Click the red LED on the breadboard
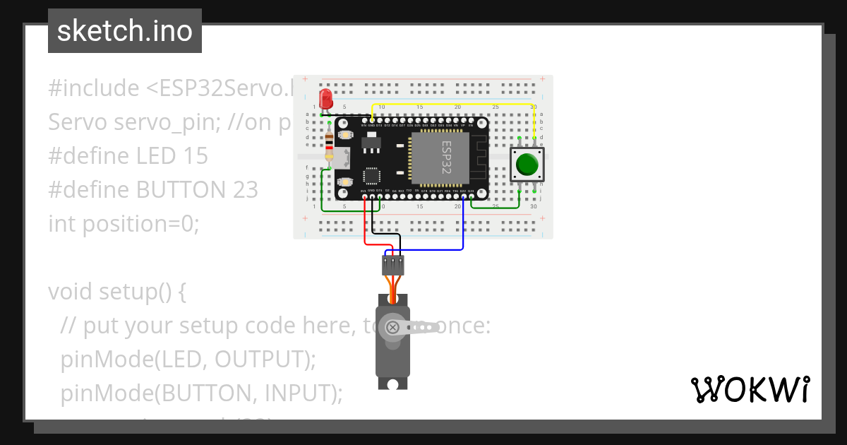pyautogui.click(x=325, y=98)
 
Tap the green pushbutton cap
pyautogui.click(x=527, y=165)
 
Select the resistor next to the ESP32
pyautogui.click(x=330, y=148)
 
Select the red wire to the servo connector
pyautogui.click(x=365, y=226)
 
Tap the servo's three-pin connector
pyautogui.click(x=392, y=266)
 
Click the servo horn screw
pyautogui.click(x=392, y=327)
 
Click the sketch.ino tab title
pyautogui.click(x=125, y=31)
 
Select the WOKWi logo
pyautogui.click(x=750, y=389)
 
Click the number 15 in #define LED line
pyautogui.click(x=194, y=155)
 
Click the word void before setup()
pyautogui.click(x=71, y=291)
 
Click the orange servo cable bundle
pyautogui.click(x=392, y=292)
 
